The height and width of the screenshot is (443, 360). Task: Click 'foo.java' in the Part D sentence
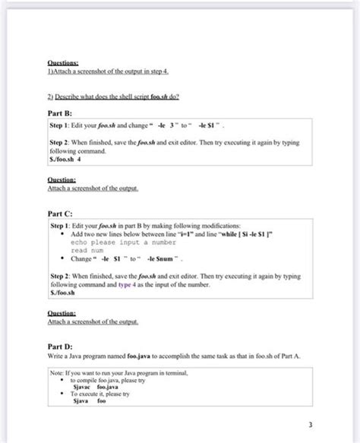coord(138,355)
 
